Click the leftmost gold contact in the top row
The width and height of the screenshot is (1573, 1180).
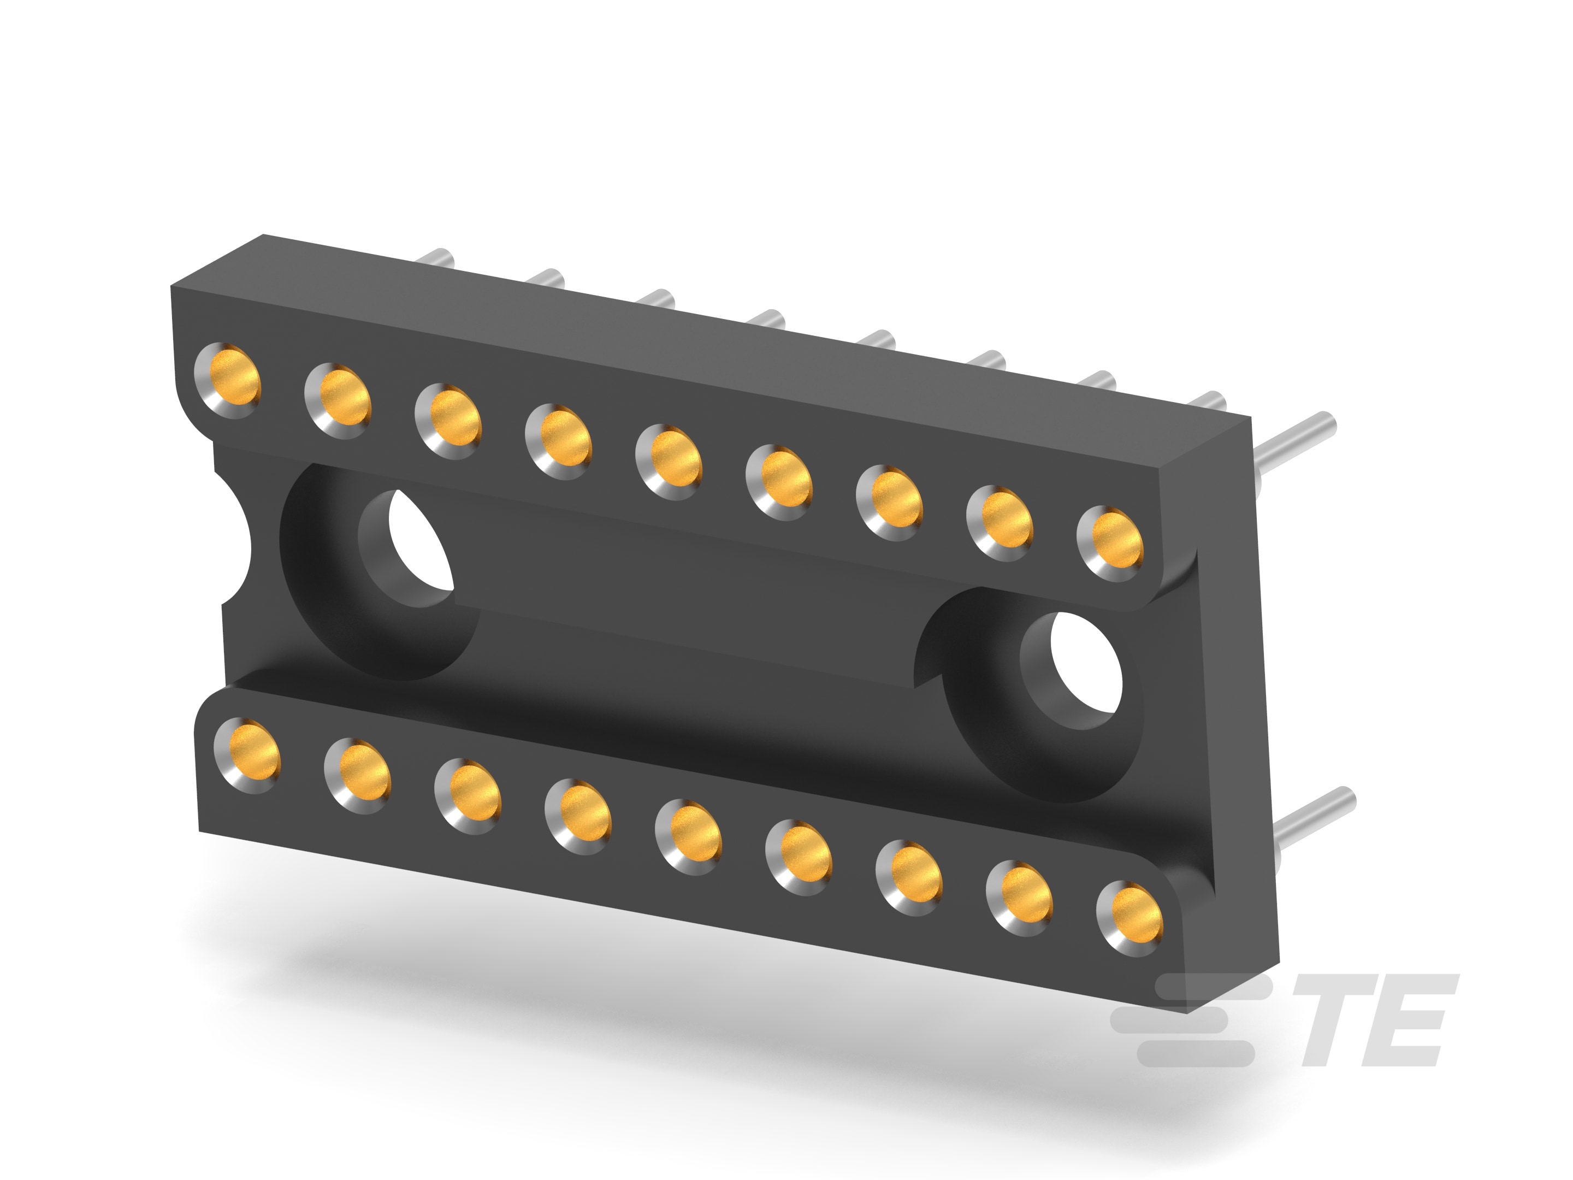pos(228,381)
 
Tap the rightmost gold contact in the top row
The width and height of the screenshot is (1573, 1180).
pos(1111,545)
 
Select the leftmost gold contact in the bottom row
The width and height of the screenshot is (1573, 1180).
pos(248,756)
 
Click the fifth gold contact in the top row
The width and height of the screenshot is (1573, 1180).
pos(669,462)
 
